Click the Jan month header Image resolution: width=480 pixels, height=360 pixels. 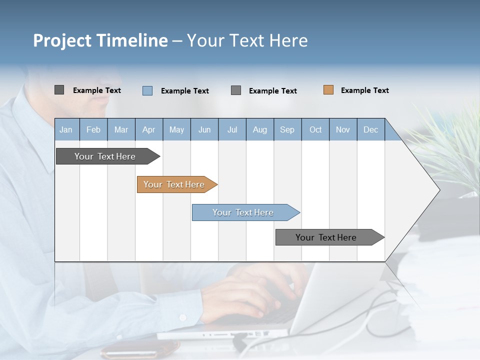click(x=66, y=129)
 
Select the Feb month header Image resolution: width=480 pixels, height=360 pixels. click(x=93, y=129)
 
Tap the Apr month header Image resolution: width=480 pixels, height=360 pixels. click(x=148, y=129)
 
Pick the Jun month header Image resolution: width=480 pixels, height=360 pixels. click(x=204, y=129)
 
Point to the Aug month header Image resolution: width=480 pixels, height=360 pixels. click(x=259, y=129)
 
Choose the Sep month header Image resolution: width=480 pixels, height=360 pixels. click(x=287, y=129)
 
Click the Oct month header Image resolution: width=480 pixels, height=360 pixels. click(x=315, y=129)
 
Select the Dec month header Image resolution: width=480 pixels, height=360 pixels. click(x=370, y=129)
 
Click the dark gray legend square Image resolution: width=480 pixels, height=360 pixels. click(x=59, y=90)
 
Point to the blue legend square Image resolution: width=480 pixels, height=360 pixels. click(x=147, y=90)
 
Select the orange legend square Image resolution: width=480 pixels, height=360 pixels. click(x=328, y=90)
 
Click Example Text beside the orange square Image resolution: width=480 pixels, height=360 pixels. click(x=364, y=90)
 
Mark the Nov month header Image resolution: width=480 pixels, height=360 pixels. click(x=343, y=129)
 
